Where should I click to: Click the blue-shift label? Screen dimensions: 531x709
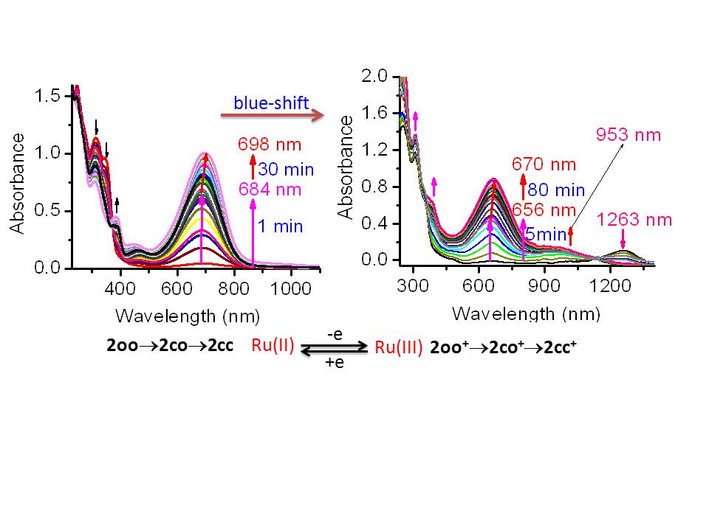point(271,103)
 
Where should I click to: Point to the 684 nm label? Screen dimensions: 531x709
point(270,190)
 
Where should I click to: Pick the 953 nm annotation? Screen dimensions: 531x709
point(628,135)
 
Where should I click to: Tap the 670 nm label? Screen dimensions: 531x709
point(545,164)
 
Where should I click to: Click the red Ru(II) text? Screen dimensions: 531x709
point(274,346)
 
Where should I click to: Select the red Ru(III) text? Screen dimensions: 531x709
point(399,348)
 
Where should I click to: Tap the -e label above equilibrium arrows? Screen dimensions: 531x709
point(333,334)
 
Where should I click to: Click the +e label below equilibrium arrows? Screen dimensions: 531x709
point(334,364)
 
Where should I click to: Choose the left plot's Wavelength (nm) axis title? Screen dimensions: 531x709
point(188,316)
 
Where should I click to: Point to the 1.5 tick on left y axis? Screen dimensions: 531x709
point(50,96)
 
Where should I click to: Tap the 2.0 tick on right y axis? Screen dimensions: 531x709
point(374,76)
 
